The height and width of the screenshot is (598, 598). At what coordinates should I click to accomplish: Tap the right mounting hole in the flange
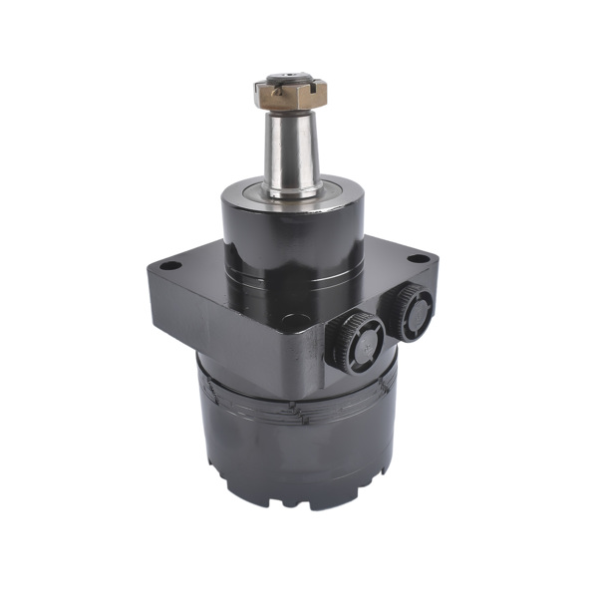tap(421, 260)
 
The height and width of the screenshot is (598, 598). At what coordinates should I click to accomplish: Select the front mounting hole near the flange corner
tap(292, 322)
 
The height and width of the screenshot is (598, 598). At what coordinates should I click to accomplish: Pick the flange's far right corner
tap(437, 261)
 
